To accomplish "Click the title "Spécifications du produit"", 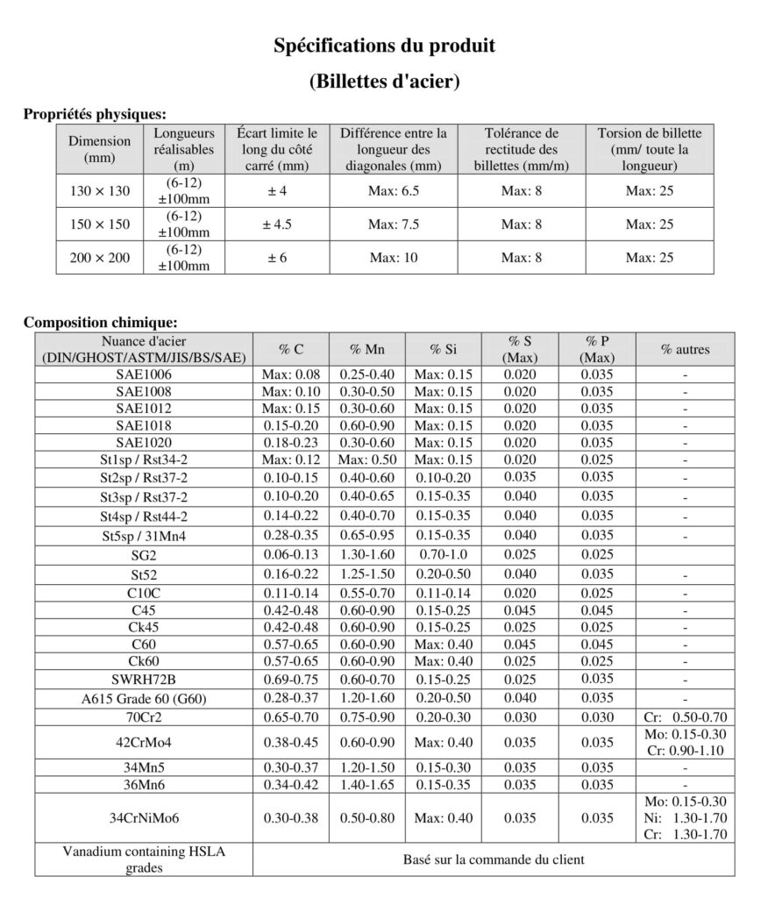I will (384, 45).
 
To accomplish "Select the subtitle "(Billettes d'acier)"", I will (384, 82).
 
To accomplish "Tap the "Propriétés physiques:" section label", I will (94, 113).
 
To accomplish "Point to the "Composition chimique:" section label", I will (100, 322).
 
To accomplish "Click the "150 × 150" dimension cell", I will (100, 224).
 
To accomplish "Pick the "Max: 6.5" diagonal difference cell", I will (394, 191).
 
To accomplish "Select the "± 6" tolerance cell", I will (277, 258).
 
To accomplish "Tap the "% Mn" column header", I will (367, 349).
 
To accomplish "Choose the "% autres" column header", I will (686, 349).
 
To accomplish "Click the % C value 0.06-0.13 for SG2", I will (291, 554).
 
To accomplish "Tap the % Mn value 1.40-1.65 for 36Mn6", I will (367, 783).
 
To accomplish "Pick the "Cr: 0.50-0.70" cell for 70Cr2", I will (686, 716).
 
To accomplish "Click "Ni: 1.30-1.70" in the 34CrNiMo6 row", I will (686, 818).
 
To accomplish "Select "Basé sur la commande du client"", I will (494, 859).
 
